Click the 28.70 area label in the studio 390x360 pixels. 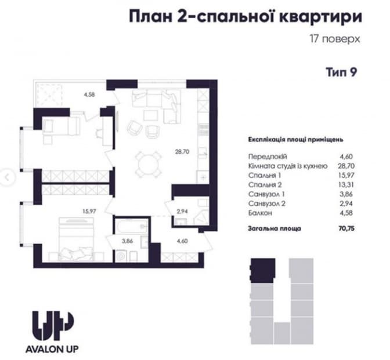[182, 151]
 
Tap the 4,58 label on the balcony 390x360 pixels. [89, 94]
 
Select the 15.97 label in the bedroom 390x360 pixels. [89, 212]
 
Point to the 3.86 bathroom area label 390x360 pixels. [127, 241]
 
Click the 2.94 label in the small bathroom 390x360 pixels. [182, 212]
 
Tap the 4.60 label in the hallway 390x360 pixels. [182, 241]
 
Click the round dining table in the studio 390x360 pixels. [149, 164]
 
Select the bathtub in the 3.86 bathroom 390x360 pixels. [132, 226]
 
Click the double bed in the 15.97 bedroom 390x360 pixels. [76, 239]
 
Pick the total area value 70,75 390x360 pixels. [346, 228]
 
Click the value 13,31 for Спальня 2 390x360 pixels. [346, 185]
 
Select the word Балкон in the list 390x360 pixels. [260, 213]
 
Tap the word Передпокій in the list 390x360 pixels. [268, 157]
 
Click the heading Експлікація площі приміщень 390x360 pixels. [296, 140]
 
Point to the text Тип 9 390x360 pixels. [341, 72]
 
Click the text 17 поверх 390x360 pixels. [335, 39]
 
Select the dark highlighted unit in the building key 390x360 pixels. [263, 271]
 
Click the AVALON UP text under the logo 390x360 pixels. [52, 349]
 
